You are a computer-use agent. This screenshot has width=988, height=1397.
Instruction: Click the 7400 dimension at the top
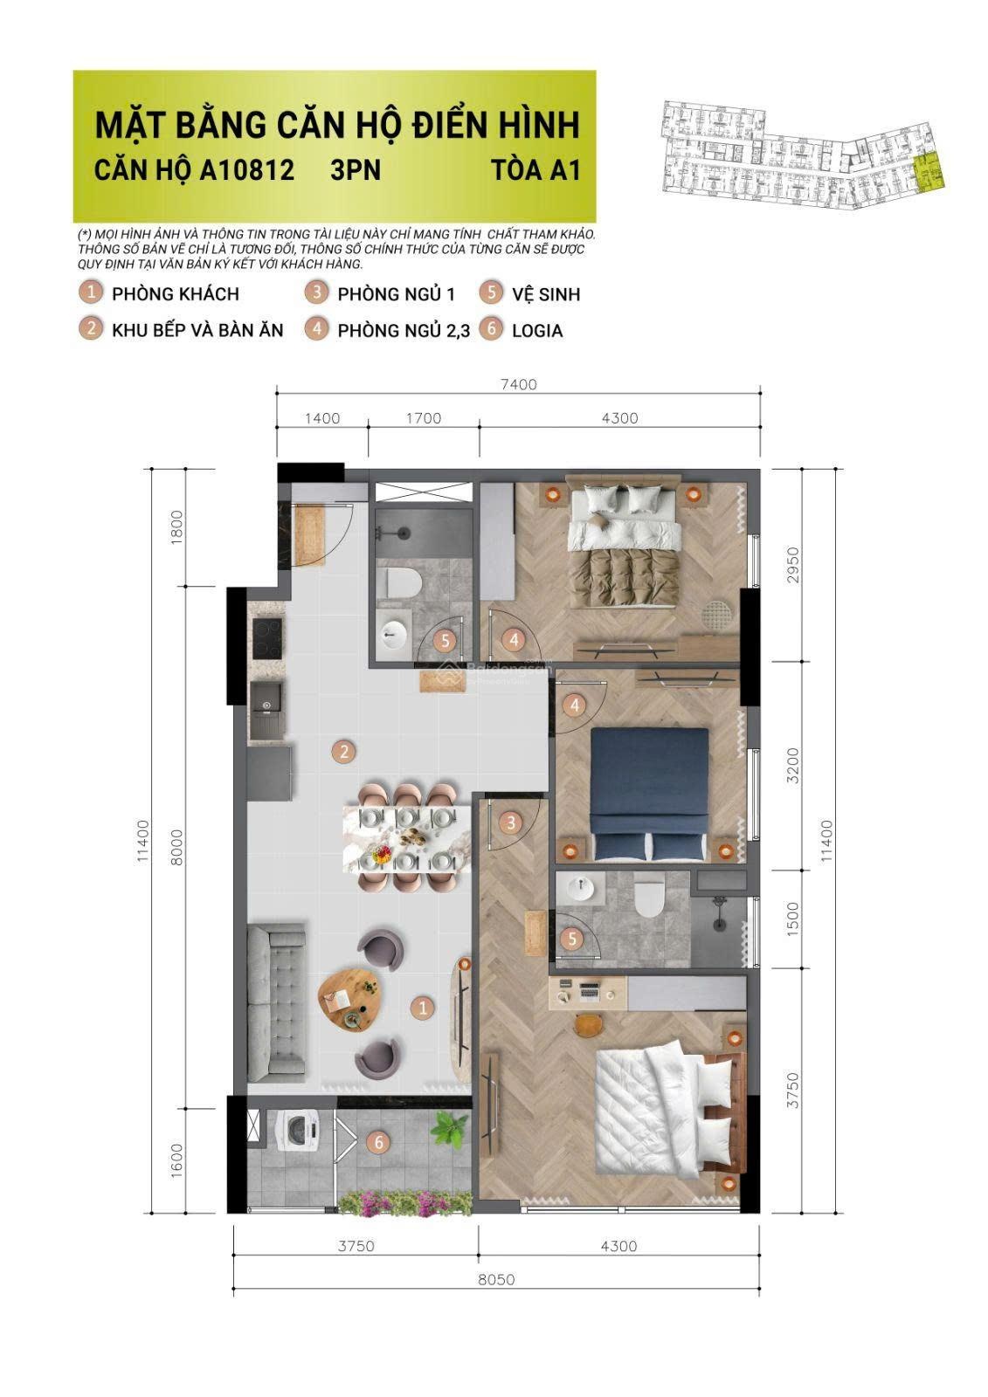[518, 384]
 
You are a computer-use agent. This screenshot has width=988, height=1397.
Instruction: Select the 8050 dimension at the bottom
[496, 1279]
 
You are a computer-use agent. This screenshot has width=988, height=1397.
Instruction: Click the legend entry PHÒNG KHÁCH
[175, 293]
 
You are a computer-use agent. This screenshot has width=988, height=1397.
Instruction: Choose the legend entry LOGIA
[536, 330]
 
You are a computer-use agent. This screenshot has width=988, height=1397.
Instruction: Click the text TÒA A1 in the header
[535, 169]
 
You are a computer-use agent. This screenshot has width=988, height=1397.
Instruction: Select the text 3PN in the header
[356, 169]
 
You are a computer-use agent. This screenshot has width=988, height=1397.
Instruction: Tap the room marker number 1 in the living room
[422, 1008]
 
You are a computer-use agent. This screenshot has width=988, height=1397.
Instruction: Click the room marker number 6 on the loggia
[378, 1141]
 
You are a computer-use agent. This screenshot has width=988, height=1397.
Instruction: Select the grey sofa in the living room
[277, 1001]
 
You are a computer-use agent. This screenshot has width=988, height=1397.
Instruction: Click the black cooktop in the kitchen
[266, 640]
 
